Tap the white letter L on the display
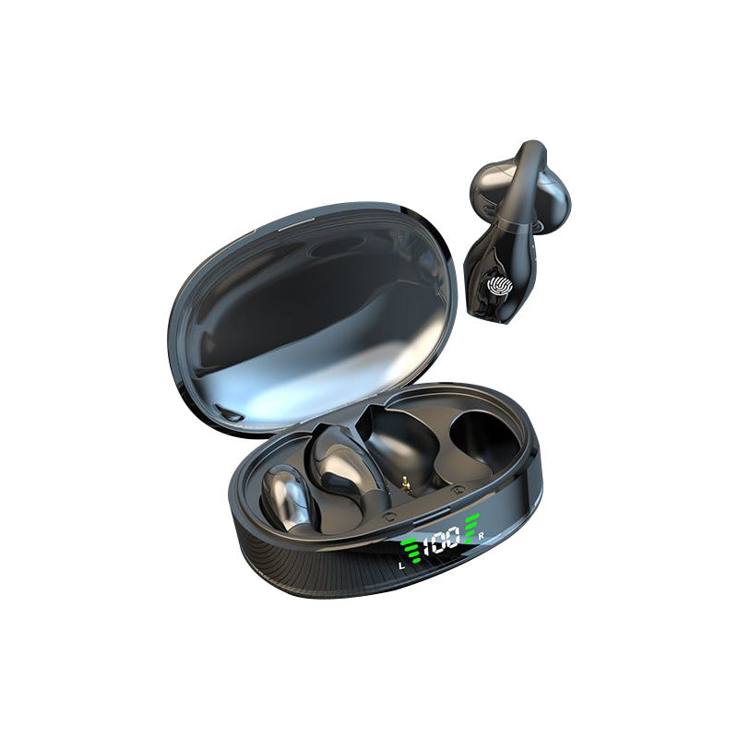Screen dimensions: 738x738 point(401,565)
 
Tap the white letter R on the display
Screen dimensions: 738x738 point(481,536)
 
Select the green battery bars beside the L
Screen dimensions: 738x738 point(411,550)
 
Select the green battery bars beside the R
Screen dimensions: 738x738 point(471,526)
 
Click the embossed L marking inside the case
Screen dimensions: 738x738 point(388,516)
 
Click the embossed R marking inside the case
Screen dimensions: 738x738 point(455,490)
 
